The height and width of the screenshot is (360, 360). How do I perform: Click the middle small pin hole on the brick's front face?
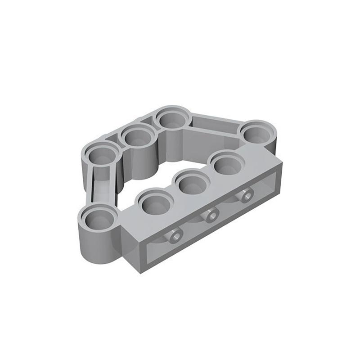210,216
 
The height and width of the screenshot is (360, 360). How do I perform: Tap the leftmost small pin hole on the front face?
175,235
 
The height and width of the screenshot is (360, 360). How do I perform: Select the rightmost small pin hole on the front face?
245,196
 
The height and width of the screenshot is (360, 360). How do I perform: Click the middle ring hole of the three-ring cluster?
137,137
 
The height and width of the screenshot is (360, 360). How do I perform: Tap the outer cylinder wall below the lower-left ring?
97,245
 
